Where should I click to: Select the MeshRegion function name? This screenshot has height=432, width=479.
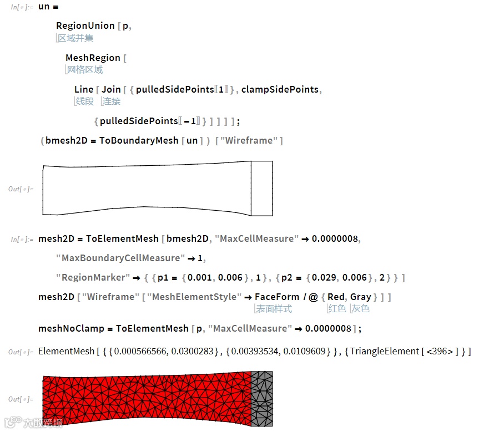pyautogui.click(x=93, y=58)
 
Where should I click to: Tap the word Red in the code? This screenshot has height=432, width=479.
pyautogui.click(x=336, y=297)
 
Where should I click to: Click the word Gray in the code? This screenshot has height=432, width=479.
pyautogui.click(x=361, y=297)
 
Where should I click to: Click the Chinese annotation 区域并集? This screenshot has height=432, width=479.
pyautogui.click(x=75, y=38)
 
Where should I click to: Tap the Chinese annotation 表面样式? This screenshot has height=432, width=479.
pyautogui.click(x=274, y=308)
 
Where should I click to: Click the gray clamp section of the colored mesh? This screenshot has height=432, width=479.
pyautogui.click(x=261, y=398)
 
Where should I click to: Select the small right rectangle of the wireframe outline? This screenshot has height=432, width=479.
pyautogui.click(x=261, y=189)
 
